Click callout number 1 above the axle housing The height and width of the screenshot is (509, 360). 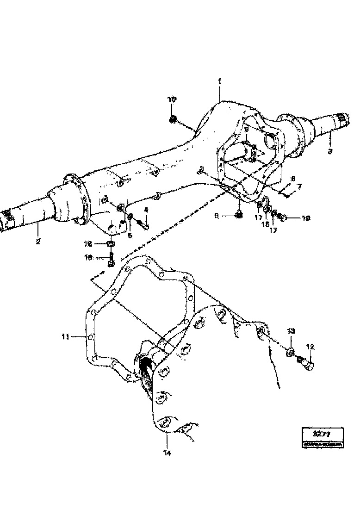[x=220, y=81]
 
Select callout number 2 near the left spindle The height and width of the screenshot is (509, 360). [x=38, y=241]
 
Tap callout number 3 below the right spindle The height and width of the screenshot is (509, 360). [x=330, y=151]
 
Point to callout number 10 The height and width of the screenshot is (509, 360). [x=172, y=99]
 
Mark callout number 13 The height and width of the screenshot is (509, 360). [x=291, y=331]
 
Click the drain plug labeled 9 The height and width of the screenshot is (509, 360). [x=239, y=214]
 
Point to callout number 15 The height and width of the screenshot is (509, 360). [x=266, y=224]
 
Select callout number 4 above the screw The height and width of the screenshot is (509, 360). [x=146, y=210]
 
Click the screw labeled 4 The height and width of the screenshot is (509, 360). [x=143, y=225]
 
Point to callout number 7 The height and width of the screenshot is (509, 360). [x=299, y=186]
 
